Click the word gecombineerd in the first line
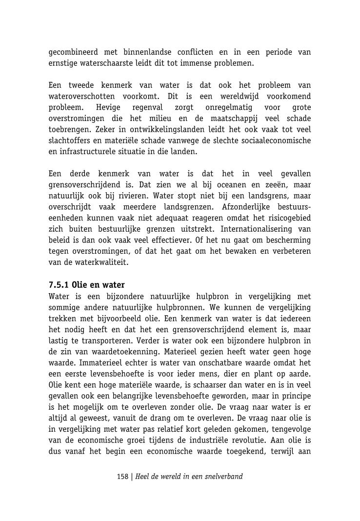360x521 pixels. [73, 52]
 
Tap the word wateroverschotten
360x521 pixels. [80, 97]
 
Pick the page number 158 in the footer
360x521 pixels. [122, 477]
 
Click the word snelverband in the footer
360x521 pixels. [221, 477]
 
